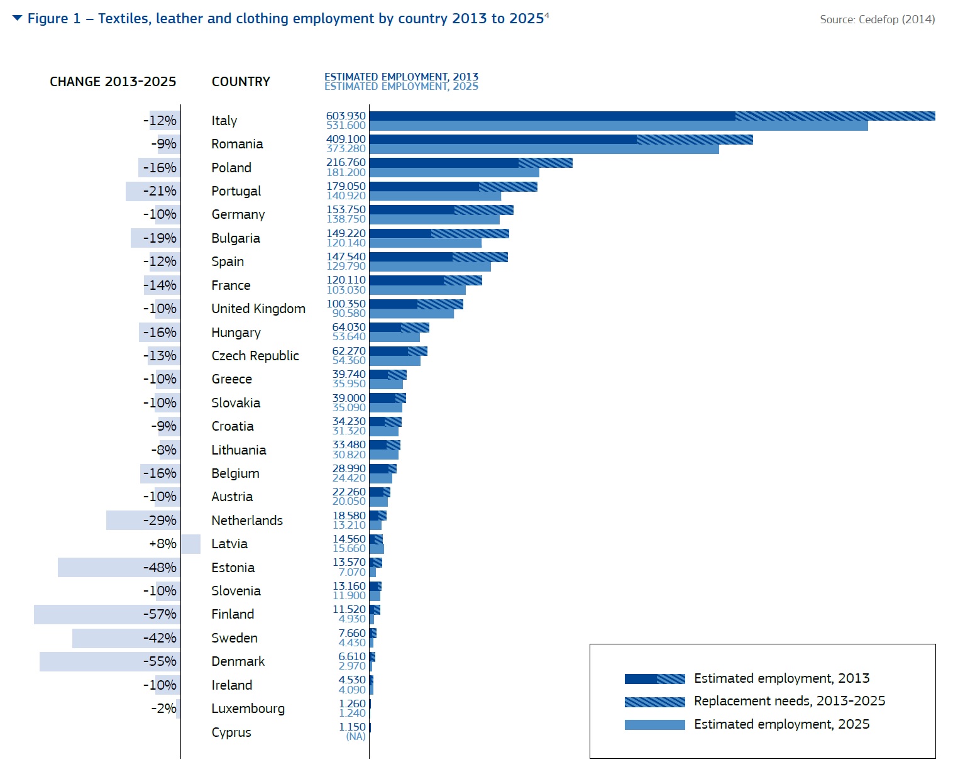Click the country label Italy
click(224, 121)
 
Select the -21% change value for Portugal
click(160, 191)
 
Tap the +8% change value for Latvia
click(163, 544)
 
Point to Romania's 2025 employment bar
click(544, 149)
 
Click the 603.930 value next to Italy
click(346, 116)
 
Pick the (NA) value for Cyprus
click(356, 737)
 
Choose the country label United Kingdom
click(258, 309)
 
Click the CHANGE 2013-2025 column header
click(113, 82)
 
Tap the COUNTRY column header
click(241, 82)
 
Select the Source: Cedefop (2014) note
click(877, 19)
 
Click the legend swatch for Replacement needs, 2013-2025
click(654, 702)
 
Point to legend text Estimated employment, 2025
click(781, 724)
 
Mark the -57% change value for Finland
click(160, 614)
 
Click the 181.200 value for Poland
click(346, 172)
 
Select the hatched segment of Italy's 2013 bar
click(835, 116)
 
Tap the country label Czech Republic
click(255, 356)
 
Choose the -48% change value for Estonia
click(160, 568)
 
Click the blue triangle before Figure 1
click(17, 18)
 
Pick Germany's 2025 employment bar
click(434, 219)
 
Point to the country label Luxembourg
click(248, 709)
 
